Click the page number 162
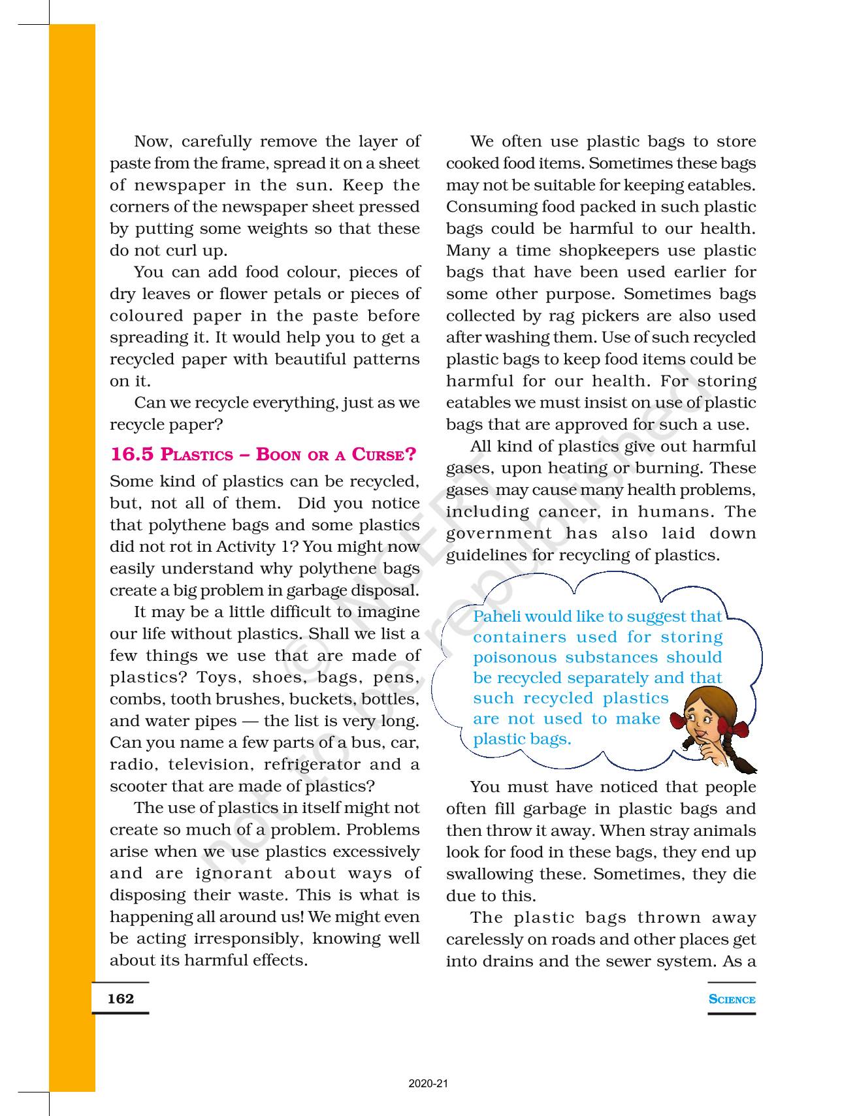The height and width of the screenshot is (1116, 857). (x=120, y=998)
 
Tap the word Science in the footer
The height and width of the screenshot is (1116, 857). (x=732, y=999)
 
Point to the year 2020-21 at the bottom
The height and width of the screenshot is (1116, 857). (x=428, y=1084)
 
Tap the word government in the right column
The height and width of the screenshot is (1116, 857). (x=499, y=534)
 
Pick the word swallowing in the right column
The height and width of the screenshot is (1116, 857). (x=515, y=874)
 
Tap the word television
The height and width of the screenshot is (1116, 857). (x=209, y=764)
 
